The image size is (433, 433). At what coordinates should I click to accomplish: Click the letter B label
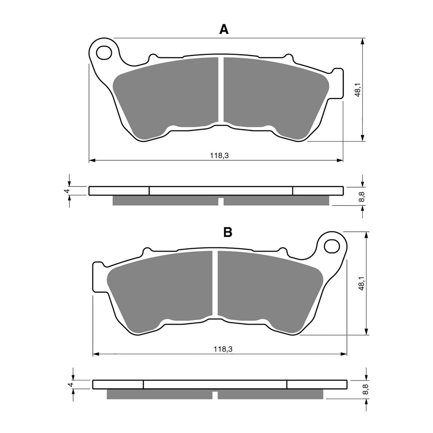(228, 232)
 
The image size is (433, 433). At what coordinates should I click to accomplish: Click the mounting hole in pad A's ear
(103, 52)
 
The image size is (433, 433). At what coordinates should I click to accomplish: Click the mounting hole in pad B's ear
(331, 246)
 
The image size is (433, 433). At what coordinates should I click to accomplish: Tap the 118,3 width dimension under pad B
(221, 349)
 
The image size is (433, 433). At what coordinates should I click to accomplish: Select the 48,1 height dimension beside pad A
(357, 90)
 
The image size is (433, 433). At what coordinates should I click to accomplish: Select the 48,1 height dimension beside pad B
(361, 283)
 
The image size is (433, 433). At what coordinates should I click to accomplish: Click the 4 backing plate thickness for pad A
(68, 191)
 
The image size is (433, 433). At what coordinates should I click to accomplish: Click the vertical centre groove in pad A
(221, 90)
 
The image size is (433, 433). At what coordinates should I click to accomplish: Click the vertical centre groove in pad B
(215, 283)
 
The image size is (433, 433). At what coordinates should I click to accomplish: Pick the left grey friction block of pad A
(168, 96)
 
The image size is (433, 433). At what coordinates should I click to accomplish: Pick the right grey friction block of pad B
(267, 288)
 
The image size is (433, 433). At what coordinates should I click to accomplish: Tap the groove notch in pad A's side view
(221, 202)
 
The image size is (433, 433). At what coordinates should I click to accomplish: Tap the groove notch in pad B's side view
(215, 395)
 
